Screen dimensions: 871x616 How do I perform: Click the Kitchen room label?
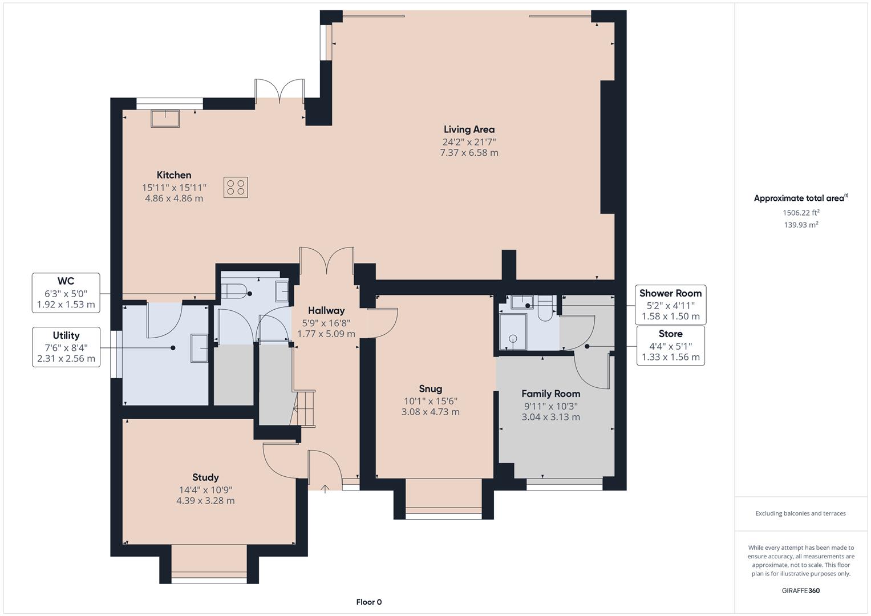tap(174, 175)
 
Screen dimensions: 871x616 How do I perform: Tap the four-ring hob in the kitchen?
tap(236, 188)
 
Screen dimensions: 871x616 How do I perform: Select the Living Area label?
tap(469, 129)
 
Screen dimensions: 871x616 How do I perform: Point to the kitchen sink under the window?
tap(165, 119)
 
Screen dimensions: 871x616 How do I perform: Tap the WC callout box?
tap(66, 293)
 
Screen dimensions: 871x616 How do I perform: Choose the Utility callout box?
tap(66, 347)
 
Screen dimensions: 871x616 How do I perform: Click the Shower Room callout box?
tap(670, 305)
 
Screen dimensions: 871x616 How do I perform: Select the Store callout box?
tap(670, 346)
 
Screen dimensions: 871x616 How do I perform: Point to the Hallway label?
tap(326, 311)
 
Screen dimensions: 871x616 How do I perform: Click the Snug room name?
tap(431, 389)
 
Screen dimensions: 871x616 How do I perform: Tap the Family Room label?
tap(550, 394)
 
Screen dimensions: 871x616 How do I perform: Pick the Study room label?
tap(205, 477)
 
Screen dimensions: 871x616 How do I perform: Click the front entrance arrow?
tap(325, 489)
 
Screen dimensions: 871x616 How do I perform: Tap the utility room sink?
tap(199, 348)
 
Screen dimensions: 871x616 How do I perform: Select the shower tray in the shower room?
tap(513, 332)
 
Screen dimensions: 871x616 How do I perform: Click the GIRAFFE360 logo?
tap(801, 591)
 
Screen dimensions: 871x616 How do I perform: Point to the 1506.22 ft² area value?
tap(801, 213)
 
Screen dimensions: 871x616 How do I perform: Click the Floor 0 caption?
tap(369, 602)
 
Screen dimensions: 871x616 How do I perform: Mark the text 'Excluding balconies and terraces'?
tap(801, 513)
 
